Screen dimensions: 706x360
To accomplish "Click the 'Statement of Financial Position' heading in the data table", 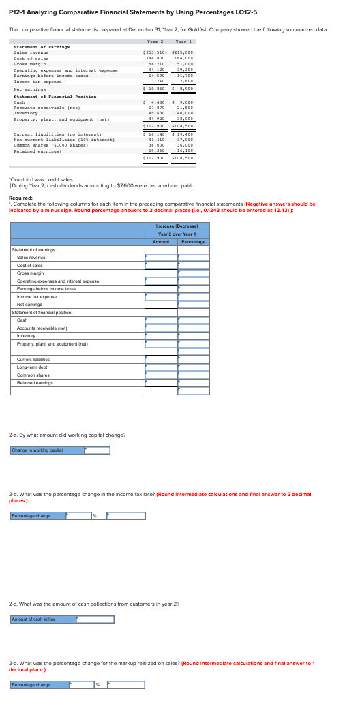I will [55, 97].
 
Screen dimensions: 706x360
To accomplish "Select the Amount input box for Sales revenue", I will [161, 257].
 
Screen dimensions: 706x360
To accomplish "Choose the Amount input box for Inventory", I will [161, 335].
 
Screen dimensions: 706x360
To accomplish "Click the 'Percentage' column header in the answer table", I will [194, 242].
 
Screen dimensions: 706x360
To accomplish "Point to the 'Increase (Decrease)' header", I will [177, 226].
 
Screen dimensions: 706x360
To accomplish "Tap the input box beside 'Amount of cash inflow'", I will [95, 619].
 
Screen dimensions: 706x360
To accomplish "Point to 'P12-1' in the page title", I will [17, 11].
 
